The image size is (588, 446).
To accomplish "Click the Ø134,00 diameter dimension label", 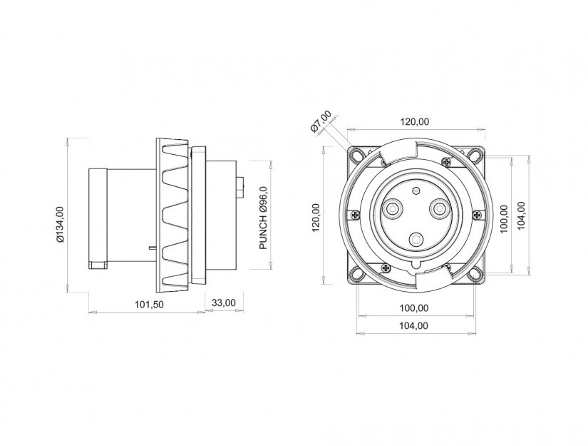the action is pyautogui.click(x=61, y=224).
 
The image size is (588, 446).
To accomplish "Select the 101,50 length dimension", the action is pyautogui.click(x=149, y=304).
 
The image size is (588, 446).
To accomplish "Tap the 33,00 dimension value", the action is pyautogui.click(x=224, y=303).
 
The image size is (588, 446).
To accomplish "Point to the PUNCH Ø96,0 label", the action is pyautogui.click(x=264, y=218).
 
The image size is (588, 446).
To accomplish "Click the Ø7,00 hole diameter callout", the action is pyautogui.click(x=321, y=121).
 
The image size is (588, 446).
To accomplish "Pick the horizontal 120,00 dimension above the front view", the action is pyautogui.click(x=414, y=121).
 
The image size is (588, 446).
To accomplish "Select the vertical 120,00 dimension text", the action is pyautogui.click(x=316, y=218).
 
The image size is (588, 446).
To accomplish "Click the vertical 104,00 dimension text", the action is pyautogui.click(x=521, y=216).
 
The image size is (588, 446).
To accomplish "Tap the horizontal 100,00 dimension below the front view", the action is pyautogui.click(x=414, y=308).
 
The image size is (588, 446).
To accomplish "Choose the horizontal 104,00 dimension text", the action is pyautogui.click(x=414, y=325).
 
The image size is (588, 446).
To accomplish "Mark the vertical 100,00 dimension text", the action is pyautogui.click(x=504, y=218).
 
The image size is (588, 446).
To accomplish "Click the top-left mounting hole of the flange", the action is pyautogui.click(x=356, y=155).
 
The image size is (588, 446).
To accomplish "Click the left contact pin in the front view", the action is pyautogui.click(x=392, y=208).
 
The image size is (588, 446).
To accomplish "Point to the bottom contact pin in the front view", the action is pyautogui.click(x=415, y=239).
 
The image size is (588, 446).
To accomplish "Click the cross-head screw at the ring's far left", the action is pyautogui.click(x=355, y=215).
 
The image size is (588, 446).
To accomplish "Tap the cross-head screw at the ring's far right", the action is pyautogui.click(x=477, y=215).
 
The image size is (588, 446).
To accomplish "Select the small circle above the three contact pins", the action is pyautogui.click(x=415, y=191).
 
